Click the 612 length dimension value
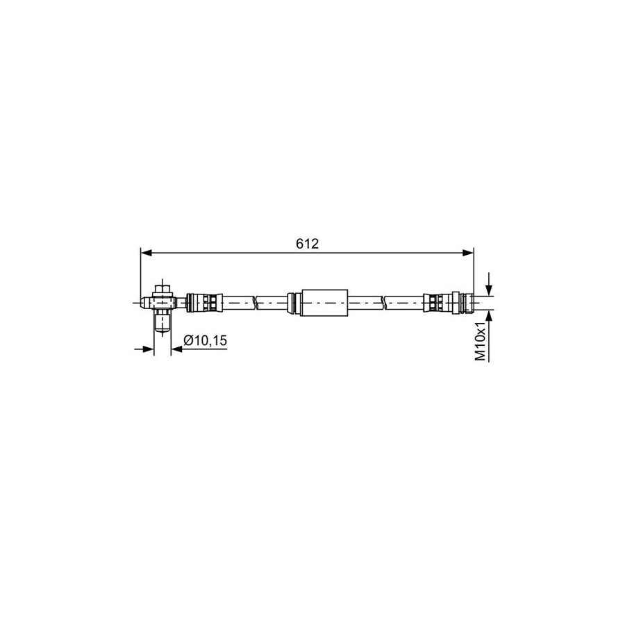click(306, 243)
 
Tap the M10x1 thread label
click(480, 340)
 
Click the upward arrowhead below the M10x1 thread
click(489, 314)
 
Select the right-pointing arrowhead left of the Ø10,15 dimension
click(148, 349)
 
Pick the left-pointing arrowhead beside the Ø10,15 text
click(175, 349)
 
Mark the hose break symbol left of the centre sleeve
click(255, 302)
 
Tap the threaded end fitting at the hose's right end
click(467, 302)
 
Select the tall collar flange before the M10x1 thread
click(455, 302)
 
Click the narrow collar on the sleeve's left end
click(294, 302)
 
